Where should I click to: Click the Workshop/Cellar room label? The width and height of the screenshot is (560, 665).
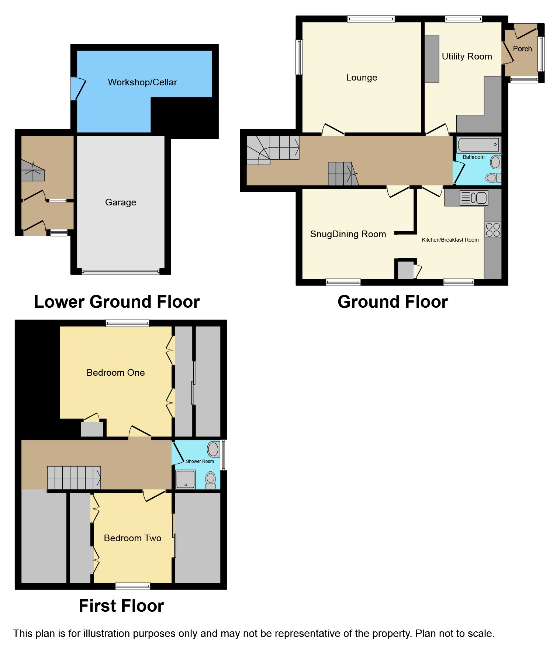[x=142, y=82]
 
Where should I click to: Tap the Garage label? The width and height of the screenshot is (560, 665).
[x=121, y=202]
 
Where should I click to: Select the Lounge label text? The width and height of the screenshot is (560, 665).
[x=362, y=78]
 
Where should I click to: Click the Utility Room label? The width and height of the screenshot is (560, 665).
[x=467, y=57]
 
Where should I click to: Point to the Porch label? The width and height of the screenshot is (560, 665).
[x=522, y=49]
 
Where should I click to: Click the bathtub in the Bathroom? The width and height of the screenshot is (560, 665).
[x=478, y=145]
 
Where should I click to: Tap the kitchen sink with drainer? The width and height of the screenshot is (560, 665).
[x=474, y=198]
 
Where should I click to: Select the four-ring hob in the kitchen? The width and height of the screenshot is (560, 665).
[x=493, y=230]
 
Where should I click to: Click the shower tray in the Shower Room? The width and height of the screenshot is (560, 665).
[x=186, y=479]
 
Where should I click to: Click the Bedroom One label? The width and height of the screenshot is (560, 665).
[x=115, y=373]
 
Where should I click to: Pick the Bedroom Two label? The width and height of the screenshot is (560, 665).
[x=132, y=538]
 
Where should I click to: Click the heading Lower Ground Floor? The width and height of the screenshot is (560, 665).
[x=117, y=302]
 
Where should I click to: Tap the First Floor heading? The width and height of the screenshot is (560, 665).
[x=121, y=606]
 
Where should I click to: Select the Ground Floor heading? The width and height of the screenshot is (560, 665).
[x=393, y=302]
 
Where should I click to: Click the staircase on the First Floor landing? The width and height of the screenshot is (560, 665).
[x=74, y=477]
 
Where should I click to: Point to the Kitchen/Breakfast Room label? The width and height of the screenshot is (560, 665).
[x=450, y=240]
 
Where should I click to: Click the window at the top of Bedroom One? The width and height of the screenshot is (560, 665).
[x=127, y=323]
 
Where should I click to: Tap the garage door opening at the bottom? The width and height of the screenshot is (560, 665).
[x=121, y=272]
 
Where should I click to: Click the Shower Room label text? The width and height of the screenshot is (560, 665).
[x=200, y=461]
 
